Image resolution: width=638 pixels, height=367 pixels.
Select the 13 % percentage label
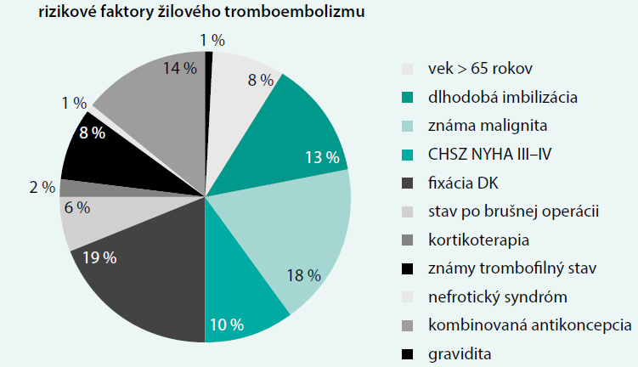(x=322, y=158)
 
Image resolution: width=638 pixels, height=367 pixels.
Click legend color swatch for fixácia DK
(x=409, y=183)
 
